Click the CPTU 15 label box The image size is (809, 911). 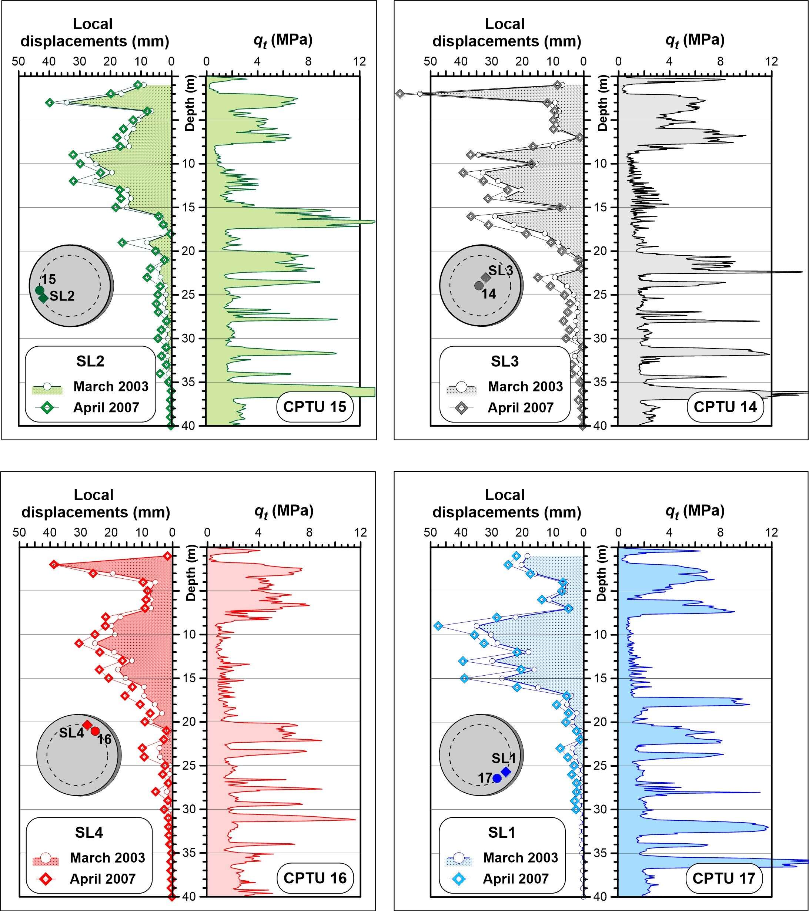(314, 407)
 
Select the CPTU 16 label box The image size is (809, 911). (314, 878)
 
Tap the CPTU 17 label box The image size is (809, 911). (723, 878)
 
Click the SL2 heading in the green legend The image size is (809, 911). (90, 361)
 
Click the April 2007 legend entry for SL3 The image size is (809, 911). (520, 407)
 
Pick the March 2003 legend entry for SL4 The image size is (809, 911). (107, 857)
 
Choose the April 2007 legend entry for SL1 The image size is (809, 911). (515, 878)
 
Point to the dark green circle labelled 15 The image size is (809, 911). (39, 290)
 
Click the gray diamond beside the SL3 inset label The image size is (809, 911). (486, 278)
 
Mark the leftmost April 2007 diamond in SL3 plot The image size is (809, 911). (400, 94)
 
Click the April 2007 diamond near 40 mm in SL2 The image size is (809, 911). (50, 102)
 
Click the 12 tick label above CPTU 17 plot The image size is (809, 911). (772, 532)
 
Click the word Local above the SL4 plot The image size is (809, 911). (94, 495)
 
